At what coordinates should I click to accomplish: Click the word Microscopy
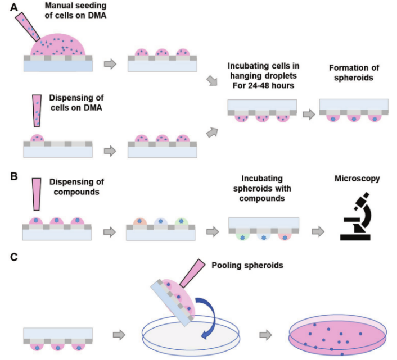358,179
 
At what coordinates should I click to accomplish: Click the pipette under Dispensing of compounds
37,194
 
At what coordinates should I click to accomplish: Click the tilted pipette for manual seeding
28,28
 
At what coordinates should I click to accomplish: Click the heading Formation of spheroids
351,72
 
